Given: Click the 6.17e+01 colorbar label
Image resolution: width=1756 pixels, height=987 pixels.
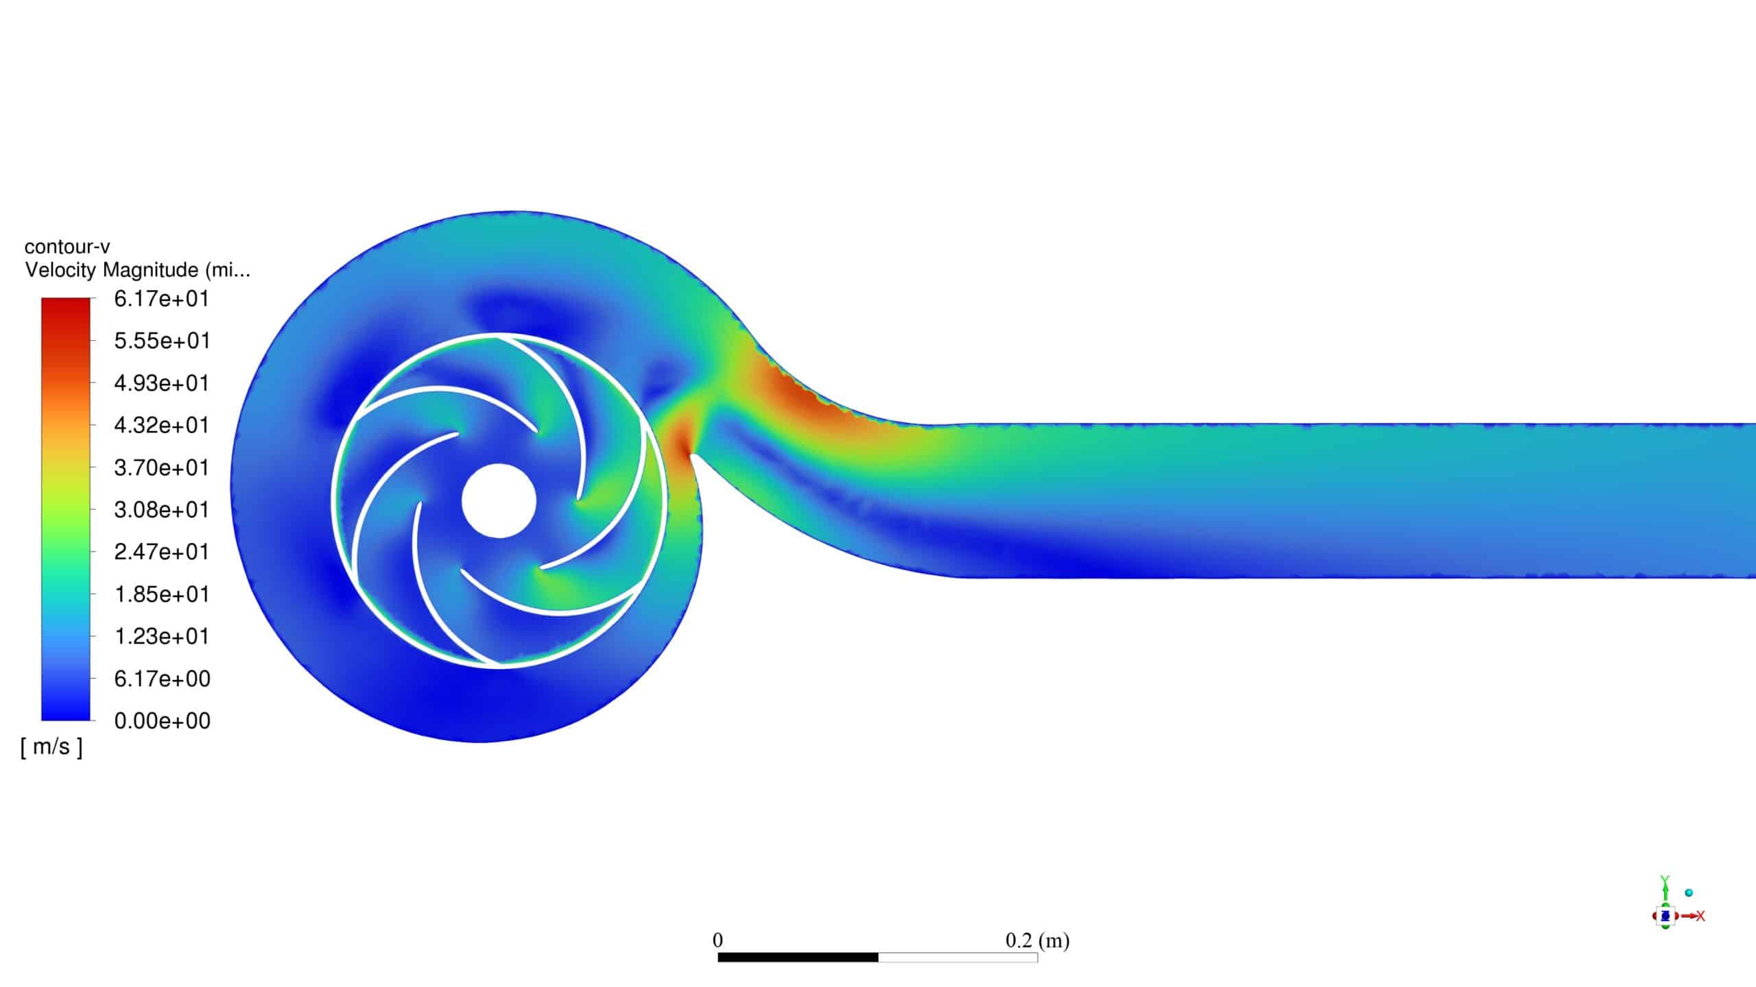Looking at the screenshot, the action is (162, 299).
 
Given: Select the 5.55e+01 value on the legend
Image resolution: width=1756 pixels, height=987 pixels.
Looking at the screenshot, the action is (162, 341).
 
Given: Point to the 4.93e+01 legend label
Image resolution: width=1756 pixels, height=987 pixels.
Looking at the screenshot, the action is (162, 383).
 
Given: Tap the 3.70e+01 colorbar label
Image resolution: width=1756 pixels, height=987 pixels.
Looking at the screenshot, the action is (162, 467).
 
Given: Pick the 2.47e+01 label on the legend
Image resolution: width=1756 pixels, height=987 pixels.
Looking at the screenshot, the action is (162, 552).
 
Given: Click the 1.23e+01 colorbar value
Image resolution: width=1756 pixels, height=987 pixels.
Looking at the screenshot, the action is (162, 636).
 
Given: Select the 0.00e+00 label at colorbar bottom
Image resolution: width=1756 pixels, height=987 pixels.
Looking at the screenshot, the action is (162, 720).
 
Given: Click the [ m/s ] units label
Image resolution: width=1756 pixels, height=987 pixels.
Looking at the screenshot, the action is (51, 746).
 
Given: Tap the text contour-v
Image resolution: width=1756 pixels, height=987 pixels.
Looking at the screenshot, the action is (67, 247).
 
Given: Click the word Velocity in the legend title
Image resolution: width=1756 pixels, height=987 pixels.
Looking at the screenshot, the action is (60, 270).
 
